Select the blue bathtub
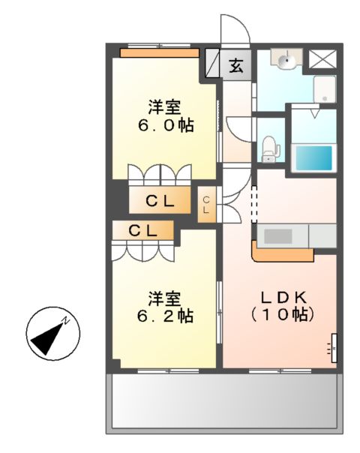(x=313, y=157)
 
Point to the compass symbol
(x=51, y=334)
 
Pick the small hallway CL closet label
(x=206, y=203)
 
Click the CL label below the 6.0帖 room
(x=160, y=200)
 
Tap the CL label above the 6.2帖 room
(x=142, y=230)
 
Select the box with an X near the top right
(x=324, y=59)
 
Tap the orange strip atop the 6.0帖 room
(x=160, y=52)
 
